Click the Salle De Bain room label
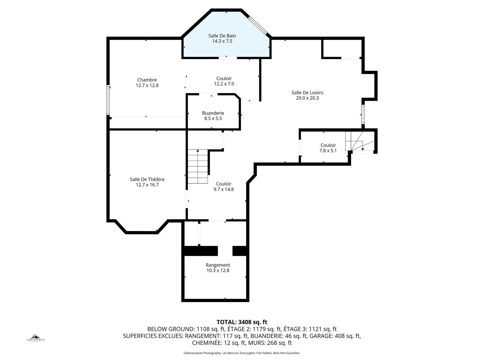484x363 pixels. click(222, 36)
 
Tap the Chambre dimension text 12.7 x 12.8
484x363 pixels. click(147, 85)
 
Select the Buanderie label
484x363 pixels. click(213, 113)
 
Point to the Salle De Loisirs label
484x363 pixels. click(307, 93)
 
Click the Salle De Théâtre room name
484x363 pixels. click(147, 179)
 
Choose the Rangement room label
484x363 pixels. click(218, 265)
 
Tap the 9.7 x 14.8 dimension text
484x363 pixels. click(224, 189)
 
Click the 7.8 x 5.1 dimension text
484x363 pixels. click(328, 151)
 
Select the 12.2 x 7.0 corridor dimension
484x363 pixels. click(224, 84)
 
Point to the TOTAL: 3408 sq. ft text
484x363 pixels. click(242, 322)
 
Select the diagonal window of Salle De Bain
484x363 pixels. click(258, 25)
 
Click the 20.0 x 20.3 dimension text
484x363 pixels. click(307, 98)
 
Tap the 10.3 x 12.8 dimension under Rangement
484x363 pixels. click(218, 271)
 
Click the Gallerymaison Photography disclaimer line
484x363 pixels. click(242, 353)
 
